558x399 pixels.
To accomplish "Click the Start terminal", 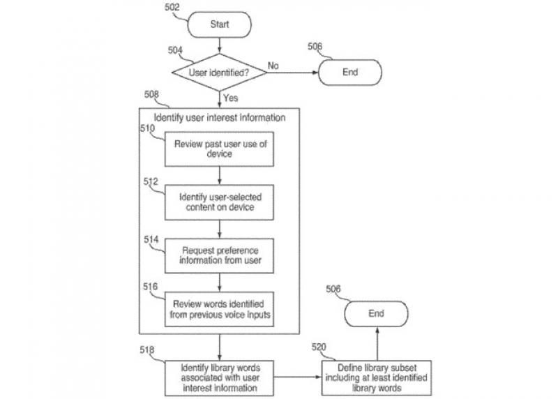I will [x=219, y=24].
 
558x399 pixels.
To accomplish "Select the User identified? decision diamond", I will [x=219, y=71].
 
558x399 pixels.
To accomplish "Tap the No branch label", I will [x=273, y=66].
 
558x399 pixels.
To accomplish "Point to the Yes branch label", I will [x=231, y=98].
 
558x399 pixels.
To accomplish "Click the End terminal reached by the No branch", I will [x=350, y=71].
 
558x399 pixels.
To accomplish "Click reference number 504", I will [x=175, y=50].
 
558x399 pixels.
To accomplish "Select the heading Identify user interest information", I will [x=219, y=118].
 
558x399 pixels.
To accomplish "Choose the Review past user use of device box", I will [x=218, y=149].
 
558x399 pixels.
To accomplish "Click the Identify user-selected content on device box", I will [x=218, y=202].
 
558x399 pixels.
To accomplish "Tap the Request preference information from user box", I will [x=218, y=255].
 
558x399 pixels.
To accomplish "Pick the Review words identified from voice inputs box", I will [x=218, y=308].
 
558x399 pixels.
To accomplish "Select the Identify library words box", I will [x=218, y=377].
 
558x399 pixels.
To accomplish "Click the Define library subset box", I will [x=376, y=377].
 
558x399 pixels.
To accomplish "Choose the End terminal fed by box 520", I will [x=376, y=314].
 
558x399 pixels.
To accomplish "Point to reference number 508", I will [x=151, y=93].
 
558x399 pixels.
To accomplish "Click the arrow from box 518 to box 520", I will [x=297, y=377].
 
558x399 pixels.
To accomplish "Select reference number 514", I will [x=151, y=239].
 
